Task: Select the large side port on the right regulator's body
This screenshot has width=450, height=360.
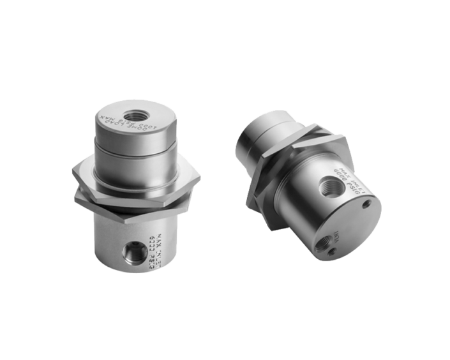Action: coord(331,186)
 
